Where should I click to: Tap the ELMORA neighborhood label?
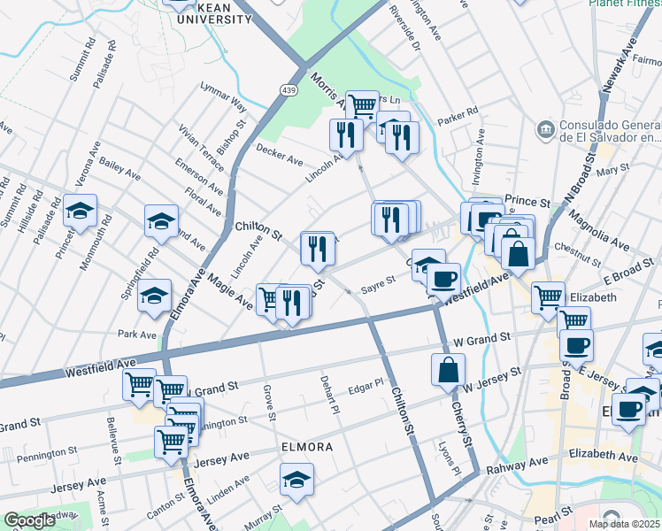(307, 447)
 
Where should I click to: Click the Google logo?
(28, 520)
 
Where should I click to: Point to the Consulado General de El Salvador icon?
(546, 130)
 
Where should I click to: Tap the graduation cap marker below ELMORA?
(296, 481)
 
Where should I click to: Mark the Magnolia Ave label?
(598, 229)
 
